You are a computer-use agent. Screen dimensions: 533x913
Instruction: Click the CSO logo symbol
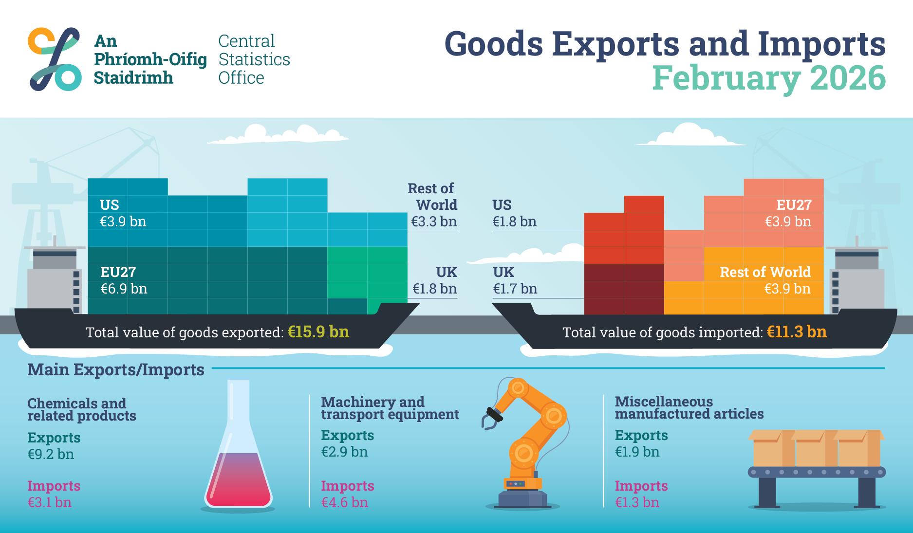(x=55, y=59)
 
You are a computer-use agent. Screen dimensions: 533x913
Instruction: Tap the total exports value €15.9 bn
(x=318, y=332)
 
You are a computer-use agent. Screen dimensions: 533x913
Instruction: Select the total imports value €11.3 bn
(x=796, y=332)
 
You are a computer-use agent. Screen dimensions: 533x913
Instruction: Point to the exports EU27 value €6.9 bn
(x=124, y=289)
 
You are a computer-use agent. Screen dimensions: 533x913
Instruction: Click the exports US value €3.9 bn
(x=123, y=222)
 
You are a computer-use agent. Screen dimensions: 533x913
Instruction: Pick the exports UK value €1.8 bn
(x=434, y=289)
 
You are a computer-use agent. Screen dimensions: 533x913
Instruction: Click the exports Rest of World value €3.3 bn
(x=434, y=222)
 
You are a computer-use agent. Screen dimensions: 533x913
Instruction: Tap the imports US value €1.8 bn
(x=514, y=222)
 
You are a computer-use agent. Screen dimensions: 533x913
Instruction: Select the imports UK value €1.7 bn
(x=515, y=289)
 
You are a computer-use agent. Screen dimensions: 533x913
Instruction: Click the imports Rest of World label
(x=765, y=272)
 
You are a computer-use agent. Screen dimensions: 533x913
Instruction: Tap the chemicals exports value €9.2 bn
(x=51, y=455)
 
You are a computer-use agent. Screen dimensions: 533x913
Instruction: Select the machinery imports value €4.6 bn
(x=344, y=502)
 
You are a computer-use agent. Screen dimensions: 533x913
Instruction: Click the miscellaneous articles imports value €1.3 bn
(x=637, y=502)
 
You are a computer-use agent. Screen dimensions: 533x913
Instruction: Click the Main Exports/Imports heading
(x=116, y=370)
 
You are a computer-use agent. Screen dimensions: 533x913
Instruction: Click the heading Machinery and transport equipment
(x=390, y=408)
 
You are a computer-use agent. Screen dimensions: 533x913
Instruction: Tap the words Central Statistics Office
(x=254, y=59)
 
